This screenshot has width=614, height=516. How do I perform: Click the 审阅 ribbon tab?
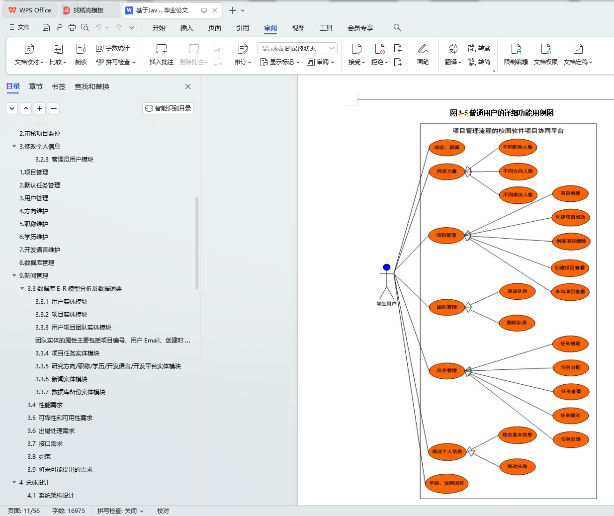[270, 28]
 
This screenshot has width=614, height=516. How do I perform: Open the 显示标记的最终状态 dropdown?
[297, 48]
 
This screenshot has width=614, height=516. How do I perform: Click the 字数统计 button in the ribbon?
[113, 48]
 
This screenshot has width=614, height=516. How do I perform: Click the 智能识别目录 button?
[168, 108]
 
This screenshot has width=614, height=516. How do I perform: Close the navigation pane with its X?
[188, 86]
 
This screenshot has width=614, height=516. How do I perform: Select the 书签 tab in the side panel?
[59, 86]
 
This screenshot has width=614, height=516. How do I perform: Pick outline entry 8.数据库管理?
[37, 263]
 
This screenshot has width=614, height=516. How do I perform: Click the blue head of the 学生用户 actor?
[386, 267]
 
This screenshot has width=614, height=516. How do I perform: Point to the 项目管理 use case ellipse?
[446, 235]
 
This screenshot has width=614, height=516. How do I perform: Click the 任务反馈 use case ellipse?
[571, 439]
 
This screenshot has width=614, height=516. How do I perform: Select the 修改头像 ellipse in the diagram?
[517, 466]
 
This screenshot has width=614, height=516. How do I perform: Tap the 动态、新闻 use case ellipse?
[446, 147]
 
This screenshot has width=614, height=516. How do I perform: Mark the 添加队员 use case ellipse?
[517, 291]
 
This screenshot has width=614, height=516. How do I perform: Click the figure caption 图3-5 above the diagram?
[502, 113]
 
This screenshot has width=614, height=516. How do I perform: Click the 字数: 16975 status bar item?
[69, 511]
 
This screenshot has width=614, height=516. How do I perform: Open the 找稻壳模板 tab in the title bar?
[88, 10]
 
